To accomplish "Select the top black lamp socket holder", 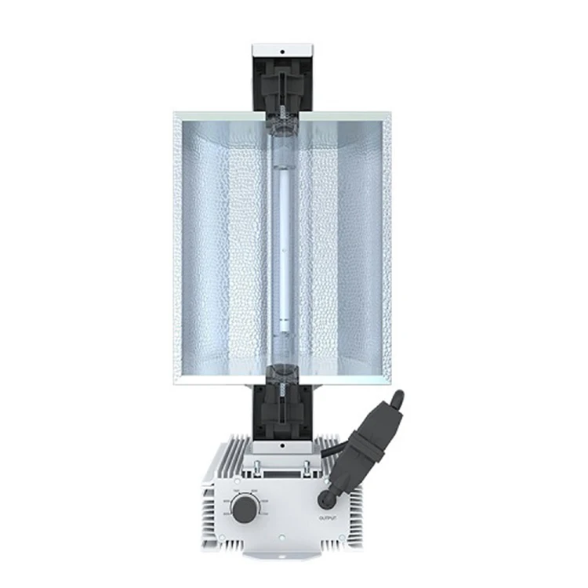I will [x=284, y=87].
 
